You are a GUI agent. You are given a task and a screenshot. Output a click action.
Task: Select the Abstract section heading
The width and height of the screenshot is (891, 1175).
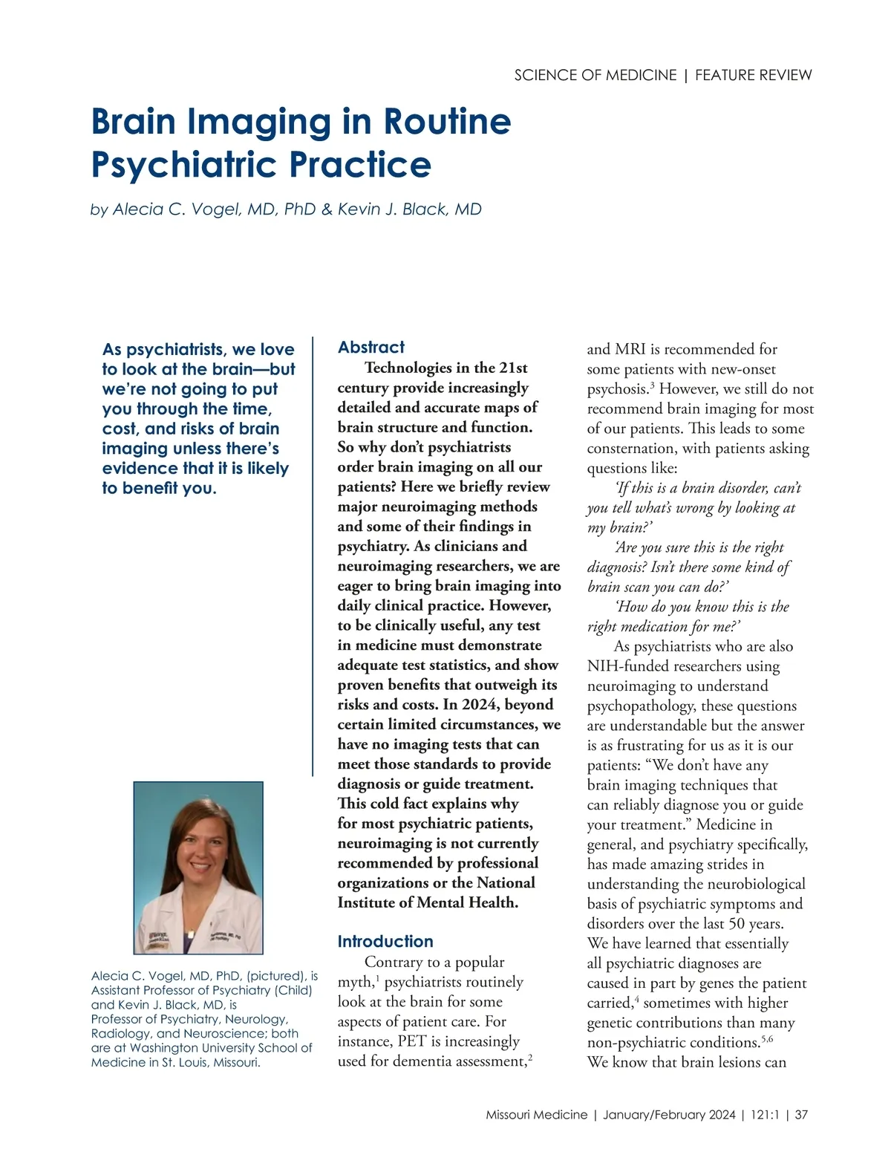(371, 347)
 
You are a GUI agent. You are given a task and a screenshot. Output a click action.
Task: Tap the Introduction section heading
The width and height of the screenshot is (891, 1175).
(385, 941)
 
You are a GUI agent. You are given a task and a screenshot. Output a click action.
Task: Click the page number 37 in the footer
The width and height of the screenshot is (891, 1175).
(801, 1115)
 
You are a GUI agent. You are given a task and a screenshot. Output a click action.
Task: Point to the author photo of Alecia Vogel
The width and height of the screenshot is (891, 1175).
(198, 868)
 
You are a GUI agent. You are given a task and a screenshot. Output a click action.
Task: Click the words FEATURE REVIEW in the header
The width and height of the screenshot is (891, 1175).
(754, 75)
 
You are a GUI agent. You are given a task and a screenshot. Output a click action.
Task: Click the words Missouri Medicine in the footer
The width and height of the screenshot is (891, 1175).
(536, 1115)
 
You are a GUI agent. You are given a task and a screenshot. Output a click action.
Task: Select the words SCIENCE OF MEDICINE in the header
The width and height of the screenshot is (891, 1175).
(595, 75)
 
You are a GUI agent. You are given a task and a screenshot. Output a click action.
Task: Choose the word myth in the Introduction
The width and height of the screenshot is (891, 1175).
(355, 983)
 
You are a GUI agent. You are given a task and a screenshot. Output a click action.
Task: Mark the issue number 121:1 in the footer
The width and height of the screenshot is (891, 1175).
(765, 1115)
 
